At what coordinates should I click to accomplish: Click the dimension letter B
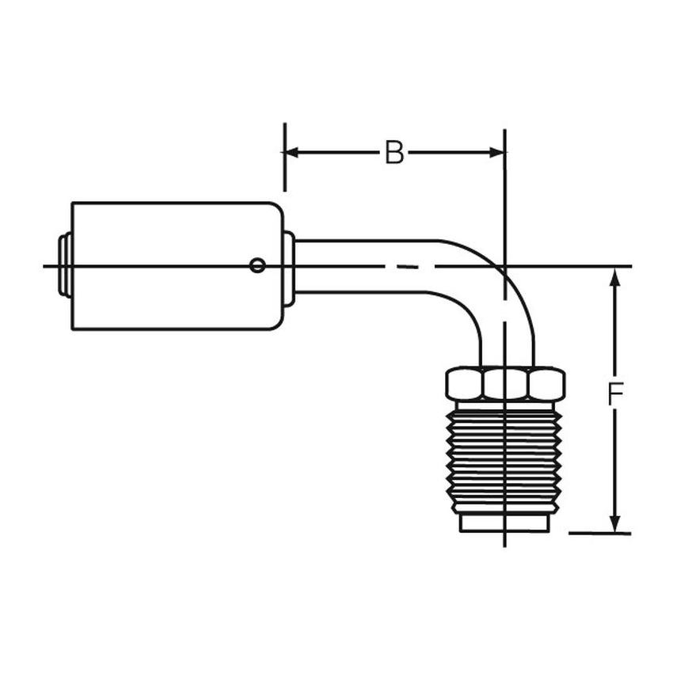(x=394, y=153)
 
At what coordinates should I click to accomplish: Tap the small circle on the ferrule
(x=257, y=265)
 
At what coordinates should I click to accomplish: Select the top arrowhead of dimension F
(x=614, y=276)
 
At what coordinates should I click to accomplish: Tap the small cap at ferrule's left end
(x=64, y=265)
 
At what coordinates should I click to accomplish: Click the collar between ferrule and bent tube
(x=290, y=267)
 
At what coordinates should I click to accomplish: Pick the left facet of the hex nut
(x=465, y=384)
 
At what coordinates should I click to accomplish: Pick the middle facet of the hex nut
(x=505, y=384)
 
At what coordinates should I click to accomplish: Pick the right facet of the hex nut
(x=546, y=384)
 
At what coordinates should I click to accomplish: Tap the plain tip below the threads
(x=504, y=523)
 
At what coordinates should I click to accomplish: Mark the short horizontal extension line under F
(x=599, y=533)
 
